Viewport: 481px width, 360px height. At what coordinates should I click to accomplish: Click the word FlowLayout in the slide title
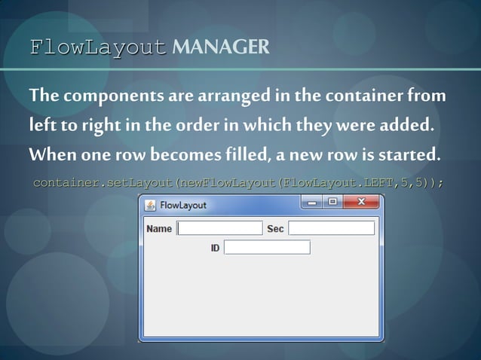point(98,47)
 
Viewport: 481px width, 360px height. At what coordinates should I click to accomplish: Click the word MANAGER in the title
point(220,47)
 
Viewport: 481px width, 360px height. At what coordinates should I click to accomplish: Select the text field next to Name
point(219,228)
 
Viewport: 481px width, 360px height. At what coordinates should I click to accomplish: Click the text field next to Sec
point(331,228)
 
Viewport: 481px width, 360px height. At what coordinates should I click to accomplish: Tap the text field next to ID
point(267,247)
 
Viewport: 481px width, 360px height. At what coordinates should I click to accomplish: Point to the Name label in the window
point(159,228)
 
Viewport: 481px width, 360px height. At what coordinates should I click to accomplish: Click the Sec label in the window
point(275,228)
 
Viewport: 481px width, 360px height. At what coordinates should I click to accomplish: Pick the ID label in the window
point(215,248)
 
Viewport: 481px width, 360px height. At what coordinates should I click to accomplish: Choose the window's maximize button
point(332,202)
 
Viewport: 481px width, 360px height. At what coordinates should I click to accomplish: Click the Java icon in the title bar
point(150,205)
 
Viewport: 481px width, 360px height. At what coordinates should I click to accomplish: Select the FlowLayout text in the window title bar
point(182,205)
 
